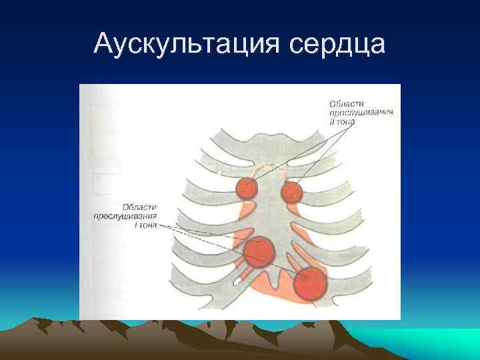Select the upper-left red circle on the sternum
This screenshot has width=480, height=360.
click(246, 189)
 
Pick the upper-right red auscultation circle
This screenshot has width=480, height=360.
click(291, 193)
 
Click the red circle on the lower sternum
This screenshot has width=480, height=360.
click(259, 252)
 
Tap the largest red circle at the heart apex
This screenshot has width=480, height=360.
click(310, 283)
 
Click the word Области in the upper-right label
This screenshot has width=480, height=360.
click(345, 103)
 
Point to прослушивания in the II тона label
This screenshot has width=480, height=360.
click(360, 113)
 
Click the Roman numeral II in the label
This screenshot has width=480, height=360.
click(331, 122)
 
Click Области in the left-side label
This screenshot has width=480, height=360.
click(139, 207)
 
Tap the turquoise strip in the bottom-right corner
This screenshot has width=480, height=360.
click(440, 337)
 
